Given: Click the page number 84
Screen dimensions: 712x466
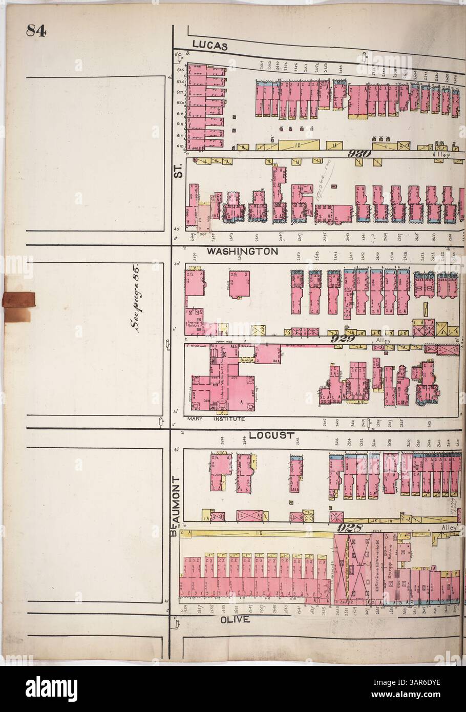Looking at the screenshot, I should coord(37,32).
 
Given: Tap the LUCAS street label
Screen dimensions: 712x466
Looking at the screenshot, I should coord(210,46).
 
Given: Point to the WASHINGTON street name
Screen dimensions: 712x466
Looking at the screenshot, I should coord(242,252).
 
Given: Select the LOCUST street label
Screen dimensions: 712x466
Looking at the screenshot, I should coord(271,436).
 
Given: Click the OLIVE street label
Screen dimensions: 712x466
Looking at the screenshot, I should coord(235,619).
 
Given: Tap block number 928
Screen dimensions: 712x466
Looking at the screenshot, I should coord(350,528).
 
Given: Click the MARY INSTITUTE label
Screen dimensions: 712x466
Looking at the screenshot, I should coord(217,418).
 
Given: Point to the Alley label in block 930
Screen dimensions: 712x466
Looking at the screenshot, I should coord(440,154).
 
